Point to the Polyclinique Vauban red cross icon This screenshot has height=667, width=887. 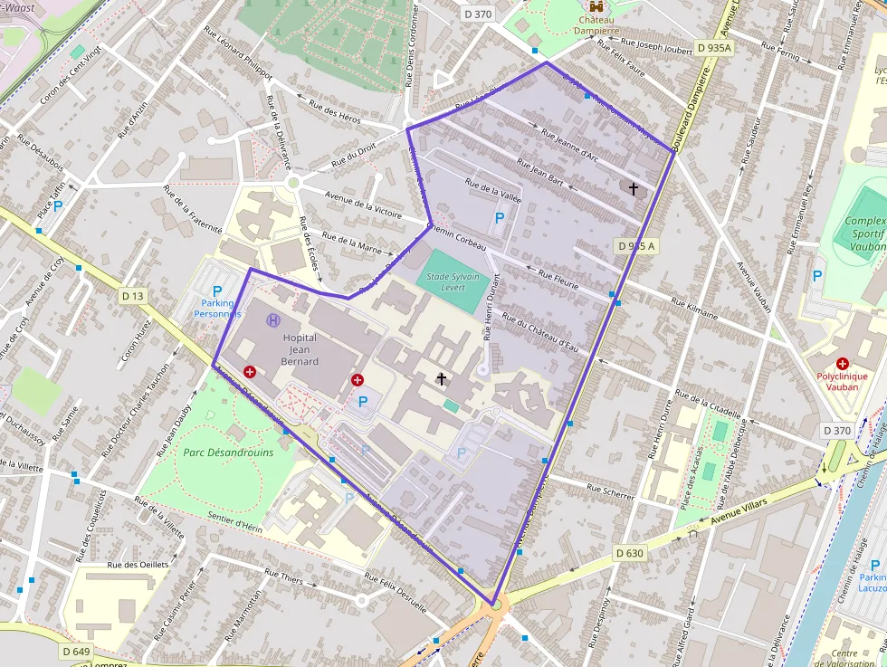coord(842,363)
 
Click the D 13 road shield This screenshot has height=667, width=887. coord(132,295)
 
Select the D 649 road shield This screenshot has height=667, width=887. coord(77,652)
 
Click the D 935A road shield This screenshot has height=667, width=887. coord(714,46)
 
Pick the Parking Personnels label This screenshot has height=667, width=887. coord(217,308)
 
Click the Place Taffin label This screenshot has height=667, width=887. coord(52,192)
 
